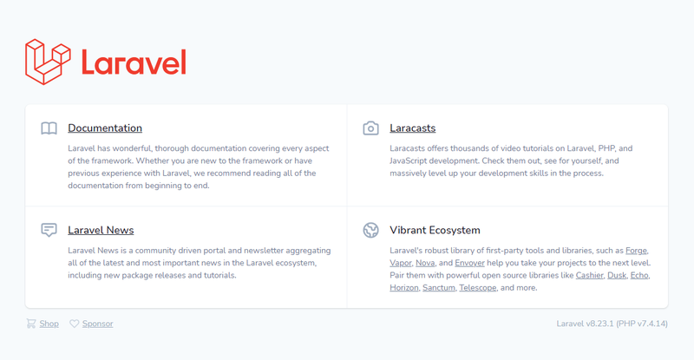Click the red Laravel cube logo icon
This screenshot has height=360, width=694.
(48, 62)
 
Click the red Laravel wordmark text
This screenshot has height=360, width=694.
(134, 62)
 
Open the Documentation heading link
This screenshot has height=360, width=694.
(105, 128)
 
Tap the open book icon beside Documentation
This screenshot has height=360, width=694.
(49, 128)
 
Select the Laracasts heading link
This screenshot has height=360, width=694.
(413, 128)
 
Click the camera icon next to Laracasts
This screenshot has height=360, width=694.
(371, 128)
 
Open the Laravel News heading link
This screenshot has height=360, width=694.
(101, 230)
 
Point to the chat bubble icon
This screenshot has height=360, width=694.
(49, 230)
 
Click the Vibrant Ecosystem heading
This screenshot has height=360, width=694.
(435, 230)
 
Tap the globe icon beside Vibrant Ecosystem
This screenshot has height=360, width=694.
(371, 230)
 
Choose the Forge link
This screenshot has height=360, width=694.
(636, 251)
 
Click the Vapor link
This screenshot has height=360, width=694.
(401, 263)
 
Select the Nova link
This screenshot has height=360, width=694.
(425, 263)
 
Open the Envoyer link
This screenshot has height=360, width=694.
(469, 263)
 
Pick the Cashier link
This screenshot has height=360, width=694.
(589, 276)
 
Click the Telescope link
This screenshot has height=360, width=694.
(478, 288)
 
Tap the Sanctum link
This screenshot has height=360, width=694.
(439, 288)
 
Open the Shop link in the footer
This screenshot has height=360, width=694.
(49, 324)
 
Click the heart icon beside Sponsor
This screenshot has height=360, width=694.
(75, 324)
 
